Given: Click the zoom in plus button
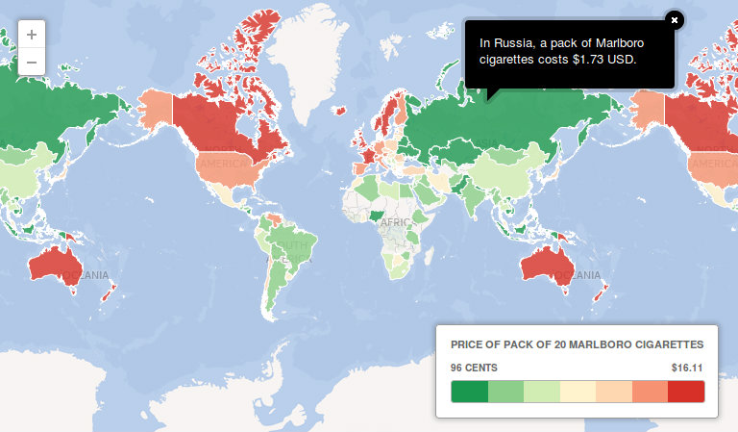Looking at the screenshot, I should tap(32, 34).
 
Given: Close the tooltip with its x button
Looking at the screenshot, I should tap(675, 19).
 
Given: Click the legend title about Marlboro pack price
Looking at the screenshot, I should tap(578, 343).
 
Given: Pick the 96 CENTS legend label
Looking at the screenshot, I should tap(474, 368).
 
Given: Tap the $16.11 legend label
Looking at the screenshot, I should tap(688, 368).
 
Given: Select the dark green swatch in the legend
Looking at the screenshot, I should tap(469, 392).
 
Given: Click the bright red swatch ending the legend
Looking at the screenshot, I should tap(686, 392).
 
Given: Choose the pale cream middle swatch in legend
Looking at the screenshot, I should tap(578, 392).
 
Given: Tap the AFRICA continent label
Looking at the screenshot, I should tap(395, 223).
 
